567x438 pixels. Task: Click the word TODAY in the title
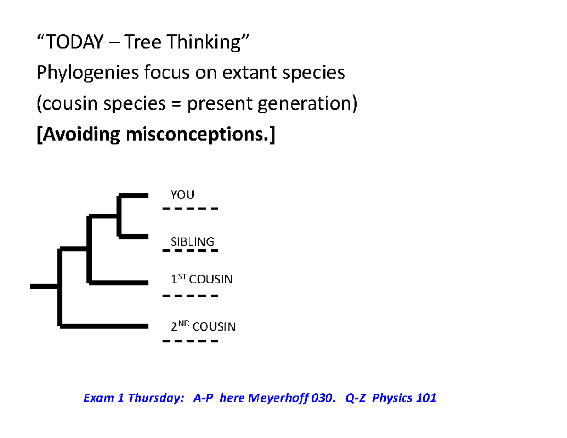[x=75, y=42]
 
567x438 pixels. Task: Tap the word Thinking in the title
[x=204, y=42]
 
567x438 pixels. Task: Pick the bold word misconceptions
[x=197, y=135]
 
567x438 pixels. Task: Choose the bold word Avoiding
[x=81, y=135]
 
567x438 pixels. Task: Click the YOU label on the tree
[x=182, y=195]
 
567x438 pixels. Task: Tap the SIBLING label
[x=192, y=241]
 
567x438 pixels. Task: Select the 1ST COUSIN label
[x=201, y=279]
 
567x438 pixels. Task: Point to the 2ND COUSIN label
[x=203, y=326]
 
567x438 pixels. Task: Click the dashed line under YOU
[x=190, y=209]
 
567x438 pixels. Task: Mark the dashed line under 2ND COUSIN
[x=190, y=341]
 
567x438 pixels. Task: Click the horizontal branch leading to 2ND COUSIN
[x=104, y=326]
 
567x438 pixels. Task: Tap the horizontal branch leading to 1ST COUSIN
[x=119, y=283]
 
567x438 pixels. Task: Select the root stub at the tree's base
[x=44, y=286]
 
